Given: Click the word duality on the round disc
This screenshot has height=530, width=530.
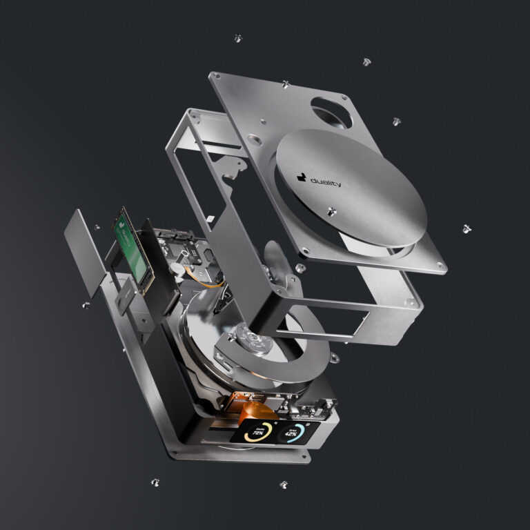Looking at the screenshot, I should tap(325, 181).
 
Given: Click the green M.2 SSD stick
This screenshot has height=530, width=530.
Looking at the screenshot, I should tap(128, 243).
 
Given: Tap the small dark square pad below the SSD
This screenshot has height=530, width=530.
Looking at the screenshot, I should tap(126, 297).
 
